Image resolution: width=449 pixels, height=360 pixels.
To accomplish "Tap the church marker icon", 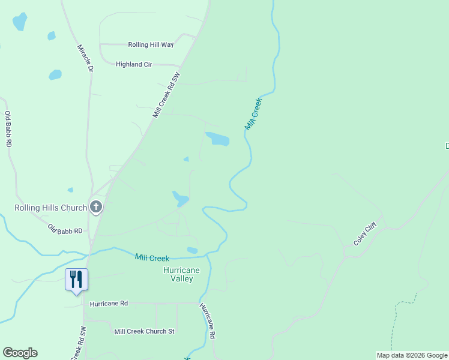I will pos(96,208).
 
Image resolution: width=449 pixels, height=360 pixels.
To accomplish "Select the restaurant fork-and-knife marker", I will pos(76,279).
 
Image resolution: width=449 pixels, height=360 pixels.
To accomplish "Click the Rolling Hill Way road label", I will pos(151,44).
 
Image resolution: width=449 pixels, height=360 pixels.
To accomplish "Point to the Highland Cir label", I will pos(134,64).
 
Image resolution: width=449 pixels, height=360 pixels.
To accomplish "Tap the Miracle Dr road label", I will pos(86,58).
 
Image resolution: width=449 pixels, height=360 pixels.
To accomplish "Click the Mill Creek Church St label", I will pos(144,331).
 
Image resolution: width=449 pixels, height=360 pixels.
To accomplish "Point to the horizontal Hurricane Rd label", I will pos(109,304).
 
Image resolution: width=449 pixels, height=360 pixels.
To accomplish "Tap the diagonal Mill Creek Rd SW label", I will pos(166,95).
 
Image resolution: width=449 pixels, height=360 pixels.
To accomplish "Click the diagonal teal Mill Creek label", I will pos(254,114).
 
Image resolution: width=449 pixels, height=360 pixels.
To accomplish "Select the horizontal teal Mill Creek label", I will pos(152,257).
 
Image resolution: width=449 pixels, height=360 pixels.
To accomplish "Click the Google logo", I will pos(20,353).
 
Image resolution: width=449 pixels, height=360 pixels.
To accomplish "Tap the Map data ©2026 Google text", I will pos(412,355).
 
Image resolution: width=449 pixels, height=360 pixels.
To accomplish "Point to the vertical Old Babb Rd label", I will pos(8,130).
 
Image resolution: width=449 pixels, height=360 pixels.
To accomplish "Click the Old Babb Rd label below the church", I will pos(65,229).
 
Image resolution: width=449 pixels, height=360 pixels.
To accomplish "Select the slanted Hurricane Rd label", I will pos(208,321).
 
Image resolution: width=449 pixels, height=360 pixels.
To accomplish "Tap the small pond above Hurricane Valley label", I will pos(192,250).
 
